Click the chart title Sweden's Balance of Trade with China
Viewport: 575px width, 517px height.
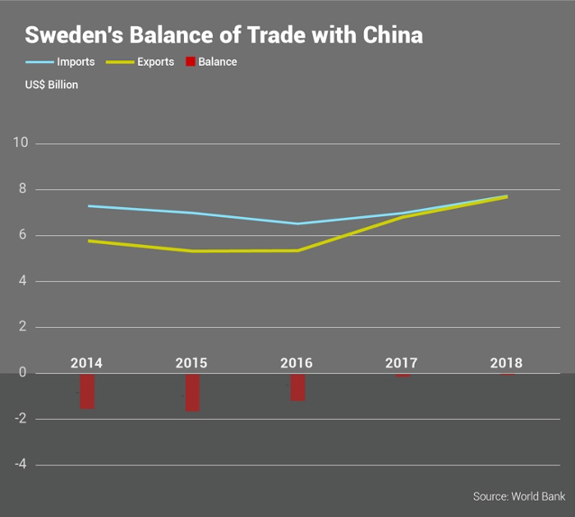tap(224, 35)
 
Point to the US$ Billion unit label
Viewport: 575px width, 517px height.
tap(51, 85)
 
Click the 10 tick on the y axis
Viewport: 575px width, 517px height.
tap(21, 143)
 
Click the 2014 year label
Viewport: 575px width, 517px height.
tap(87, 363)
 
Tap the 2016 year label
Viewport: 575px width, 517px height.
tap(297, 363)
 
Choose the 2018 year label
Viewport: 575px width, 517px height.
tap(507, 363)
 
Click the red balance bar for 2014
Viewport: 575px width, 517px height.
tap(87, 392)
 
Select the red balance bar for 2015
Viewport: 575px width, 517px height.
tap(192, 393)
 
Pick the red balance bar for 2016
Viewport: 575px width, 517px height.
tap(297, 387)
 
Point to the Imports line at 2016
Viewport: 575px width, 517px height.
tap(297, 223)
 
